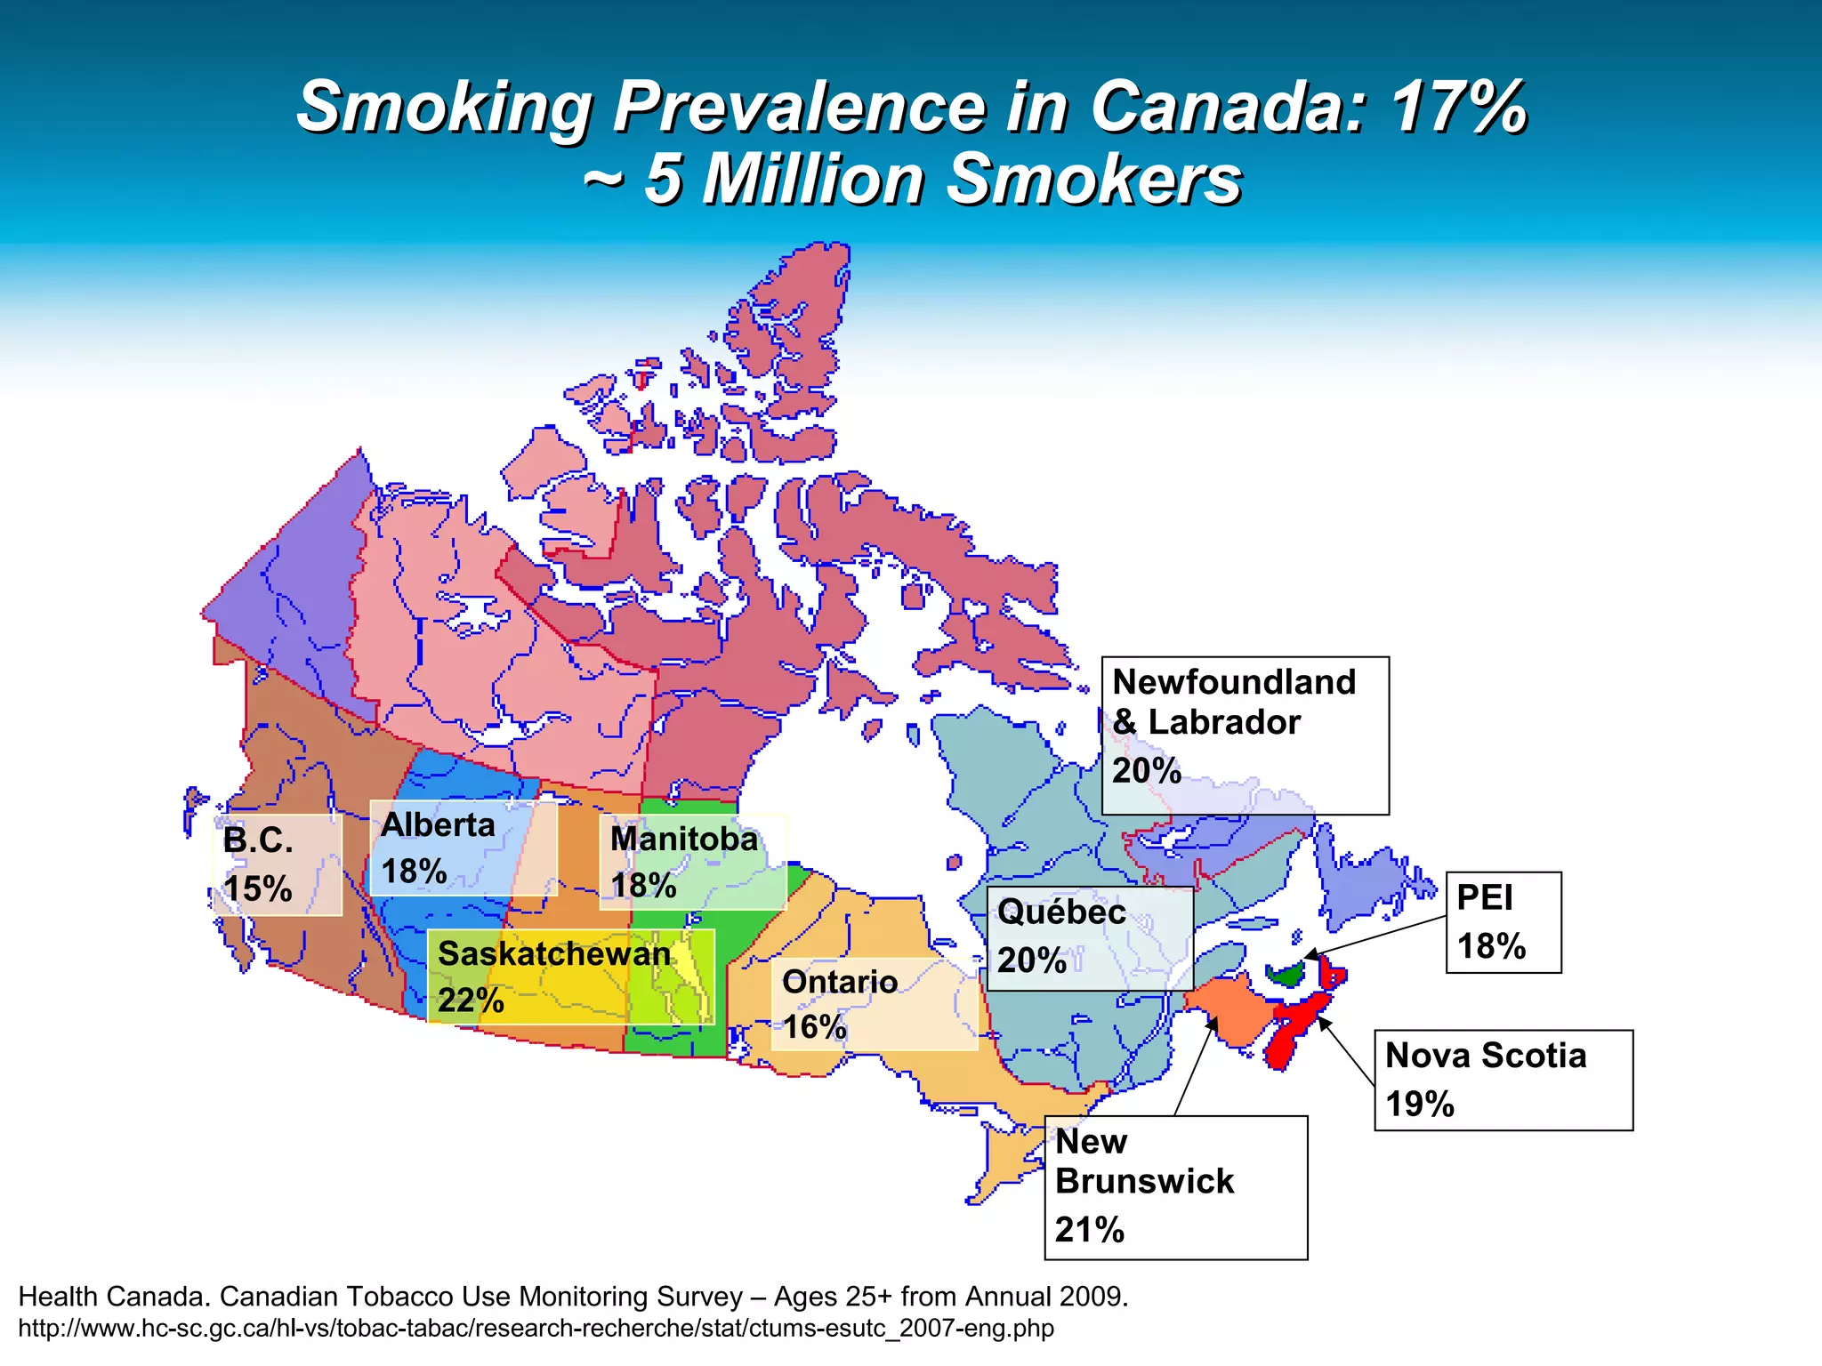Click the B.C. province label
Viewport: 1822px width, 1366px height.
point(258,840)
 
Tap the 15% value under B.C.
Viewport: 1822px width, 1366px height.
point(257,888)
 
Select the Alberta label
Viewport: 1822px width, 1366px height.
point(438,825)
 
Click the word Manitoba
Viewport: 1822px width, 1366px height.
point(683,839)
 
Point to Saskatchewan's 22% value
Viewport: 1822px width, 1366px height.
point(471,1000)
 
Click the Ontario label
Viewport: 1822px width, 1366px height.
point(840,982)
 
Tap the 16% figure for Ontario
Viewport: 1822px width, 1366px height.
point(814,1027)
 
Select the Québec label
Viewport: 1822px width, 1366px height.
point(1061,912)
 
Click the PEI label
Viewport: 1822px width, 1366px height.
point(1484,897)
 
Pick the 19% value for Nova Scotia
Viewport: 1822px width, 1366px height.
point(1420,1105)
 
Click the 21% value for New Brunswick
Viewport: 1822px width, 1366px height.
point(1090,1230)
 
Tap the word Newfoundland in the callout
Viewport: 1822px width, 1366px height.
point(1234,682)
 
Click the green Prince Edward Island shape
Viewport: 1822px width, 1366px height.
point(1286,976)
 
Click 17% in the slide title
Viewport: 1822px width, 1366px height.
point(1459,107)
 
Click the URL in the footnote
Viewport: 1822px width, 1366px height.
point(536,1329)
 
